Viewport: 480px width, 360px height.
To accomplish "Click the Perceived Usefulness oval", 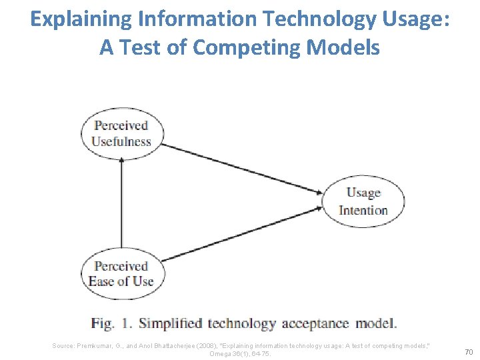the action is (x=121, y=133).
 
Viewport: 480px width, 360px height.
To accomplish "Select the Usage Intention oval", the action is (x=363, y=201).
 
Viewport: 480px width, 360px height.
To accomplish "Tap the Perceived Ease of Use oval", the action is (x=121, y=273).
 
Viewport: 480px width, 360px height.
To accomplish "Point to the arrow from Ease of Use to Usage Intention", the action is (x=243, y=233).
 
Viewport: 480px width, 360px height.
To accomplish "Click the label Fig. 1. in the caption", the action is (x=112, y=324).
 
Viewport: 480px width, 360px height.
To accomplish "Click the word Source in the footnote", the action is (x=64, y=345).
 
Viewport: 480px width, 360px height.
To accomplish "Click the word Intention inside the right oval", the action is (x=363, y=210).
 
